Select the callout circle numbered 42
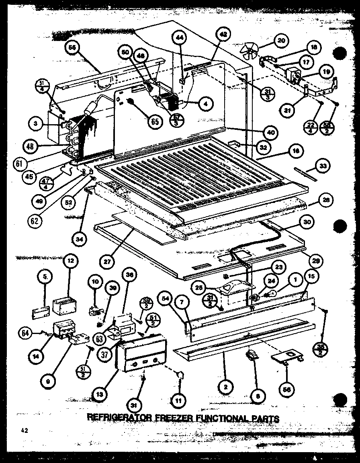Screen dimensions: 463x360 (223, 35)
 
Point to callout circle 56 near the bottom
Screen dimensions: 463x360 (287, 389)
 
